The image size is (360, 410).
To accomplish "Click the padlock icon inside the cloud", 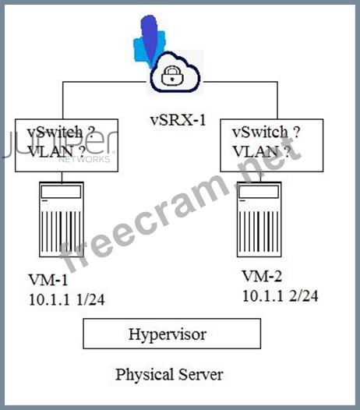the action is click(172, 76).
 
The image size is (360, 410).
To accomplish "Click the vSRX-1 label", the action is click(178, 121).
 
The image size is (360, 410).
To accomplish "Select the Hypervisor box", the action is click(171, 334).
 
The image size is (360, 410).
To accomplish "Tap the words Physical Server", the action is click(169, 374).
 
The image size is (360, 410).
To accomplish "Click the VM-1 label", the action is click(48, 280).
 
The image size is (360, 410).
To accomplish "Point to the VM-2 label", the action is click(262, 276).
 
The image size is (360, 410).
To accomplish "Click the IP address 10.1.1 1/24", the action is click(67, 299).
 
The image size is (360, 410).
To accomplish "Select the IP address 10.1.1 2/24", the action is click(281, 296).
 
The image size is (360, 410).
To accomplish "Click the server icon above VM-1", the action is click(62, 219).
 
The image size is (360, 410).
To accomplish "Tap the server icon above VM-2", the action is click(259, 219).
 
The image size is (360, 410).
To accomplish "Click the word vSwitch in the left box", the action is click(55, 132).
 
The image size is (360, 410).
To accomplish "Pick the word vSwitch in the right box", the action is click(260, 132).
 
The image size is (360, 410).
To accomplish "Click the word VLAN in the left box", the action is click(50, 152).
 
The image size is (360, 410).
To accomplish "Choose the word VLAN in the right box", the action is click(256, 152).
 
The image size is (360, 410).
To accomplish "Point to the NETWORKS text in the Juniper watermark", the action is click(84, 159).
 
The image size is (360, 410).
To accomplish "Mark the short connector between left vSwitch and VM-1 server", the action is click(62, 177).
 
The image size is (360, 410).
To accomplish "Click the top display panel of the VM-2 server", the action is click(259, 192).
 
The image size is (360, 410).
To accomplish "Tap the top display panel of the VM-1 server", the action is click(62, 192).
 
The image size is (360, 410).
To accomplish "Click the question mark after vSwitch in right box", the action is click(296, 132).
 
